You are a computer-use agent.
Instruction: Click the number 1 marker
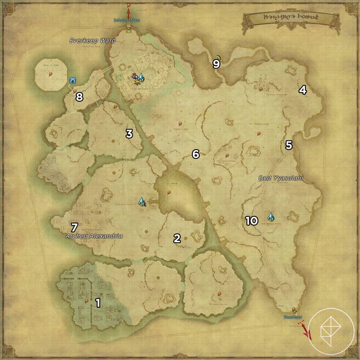[98, 302]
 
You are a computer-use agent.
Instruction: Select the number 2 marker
[177, 238]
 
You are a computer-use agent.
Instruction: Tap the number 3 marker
[129, 134]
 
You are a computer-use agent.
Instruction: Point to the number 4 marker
[302, 90]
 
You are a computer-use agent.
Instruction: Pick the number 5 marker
[288, 145]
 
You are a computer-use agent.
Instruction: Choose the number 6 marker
[195, 154]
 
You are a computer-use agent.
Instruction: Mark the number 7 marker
[74, 227]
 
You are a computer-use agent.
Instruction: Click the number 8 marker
[79, 97]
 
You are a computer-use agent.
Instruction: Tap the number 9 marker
[216, 64]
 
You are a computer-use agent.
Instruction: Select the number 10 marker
[251, 221]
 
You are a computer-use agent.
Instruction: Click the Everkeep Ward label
[93, 41]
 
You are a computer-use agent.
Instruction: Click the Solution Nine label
[128, 21]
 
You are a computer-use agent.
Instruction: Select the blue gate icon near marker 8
[73, 80]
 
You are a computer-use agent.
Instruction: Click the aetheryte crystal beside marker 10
[271, 216]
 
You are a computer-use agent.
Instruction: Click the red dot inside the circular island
[51, 74]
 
